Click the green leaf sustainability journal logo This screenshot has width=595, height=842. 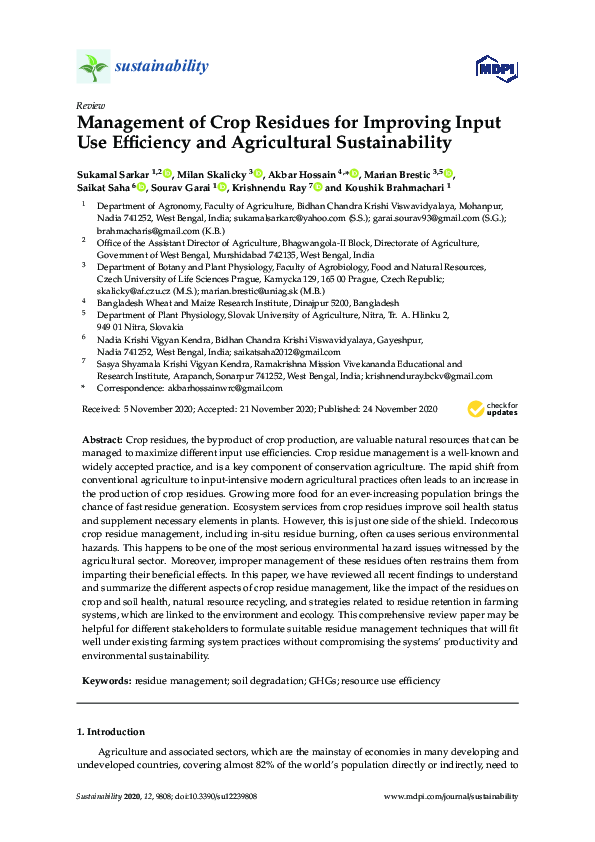[93, 68]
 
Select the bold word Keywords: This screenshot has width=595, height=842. [104, 681]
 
